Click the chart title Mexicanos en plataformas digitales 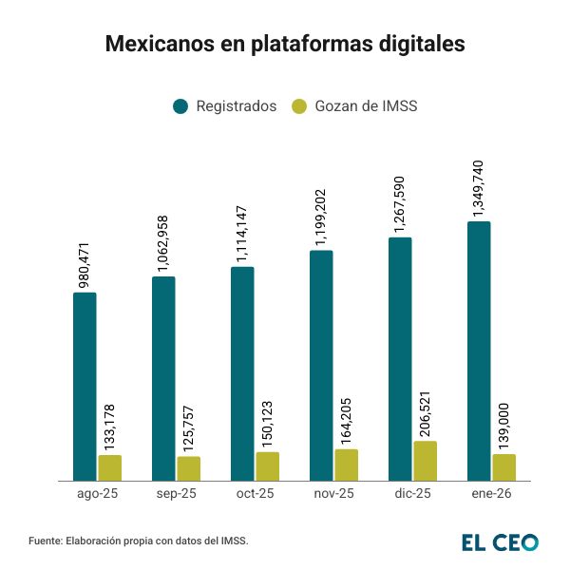click(284, 45)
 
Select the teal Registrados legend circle click(180, 106)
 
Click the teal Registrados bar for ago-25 click(85, 387)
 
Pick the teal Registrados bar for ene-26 click(479, 351)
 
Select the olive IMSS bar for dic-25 click(425, 462)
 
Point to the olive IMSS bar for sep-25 click(189, 469)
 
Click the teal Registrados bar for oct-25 click(242, 374)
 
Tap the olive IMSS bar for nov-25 click(347, 465)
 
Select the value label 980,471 click(85, 263)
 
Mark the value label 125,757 click(189, 427)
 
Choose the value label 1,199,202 click(321, 214)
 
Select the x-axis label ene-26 click(491, 495)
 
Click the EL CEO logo click(500, 541)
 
